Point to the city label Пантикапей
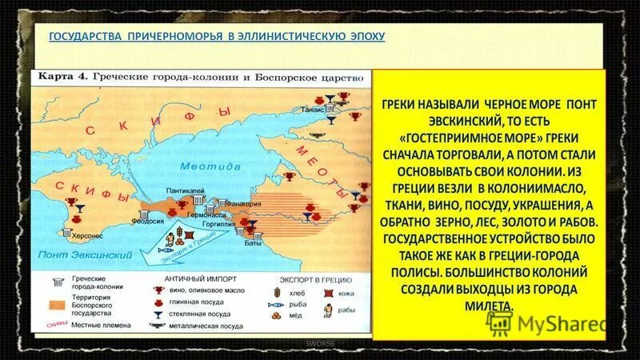185,190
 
